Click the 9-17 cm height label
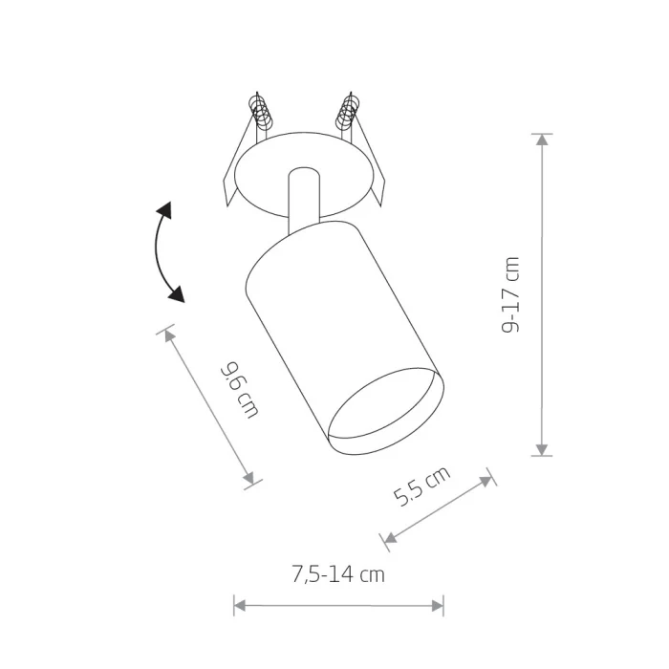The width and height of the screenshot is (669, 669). tap(510, 294)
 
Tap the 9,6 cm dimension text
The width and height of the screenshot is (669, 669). tap(239, 390)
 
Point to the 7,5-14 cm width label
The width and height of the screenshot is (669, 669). tap(338, 573)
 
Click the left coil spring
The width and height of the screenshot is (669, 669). tap(261, 113)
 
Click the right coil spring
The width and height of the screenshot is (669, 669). tap(347, 112)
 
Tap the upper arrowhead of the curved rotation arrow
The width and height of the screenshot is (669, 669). tap(164, 210)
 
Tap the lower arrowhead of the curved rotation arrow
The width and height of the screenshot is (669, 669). tap(177, 293)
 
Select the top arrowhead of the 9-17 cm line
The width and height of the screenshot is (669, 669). tap(542, 140)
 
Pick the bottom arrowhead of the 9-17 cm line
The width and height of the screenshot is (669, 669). tap(542, 449)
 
